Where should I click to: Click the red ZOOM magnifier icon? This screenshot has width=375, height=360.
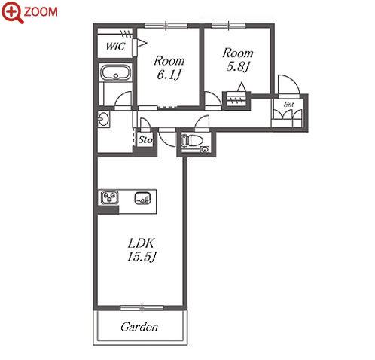[x=13, y=12]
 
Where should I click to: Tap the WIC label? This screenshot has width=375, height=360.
[x=115, y=46]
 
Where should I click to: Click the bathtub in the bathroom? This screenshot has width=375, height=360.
[x=116, y=72]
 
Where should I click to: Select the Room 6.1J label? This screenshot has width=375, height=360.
[x=169, y=68]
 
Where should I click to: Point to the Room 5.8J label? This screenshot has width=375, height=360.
[x=237, y=59]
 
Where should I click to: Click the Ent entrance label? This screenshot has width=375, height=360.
[x=288, y=104]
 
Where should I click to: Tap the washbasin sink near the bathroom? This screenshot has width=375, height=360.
[x=104, y=119]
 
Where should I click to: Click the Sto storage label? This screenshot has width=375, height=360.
[x=145, y=139]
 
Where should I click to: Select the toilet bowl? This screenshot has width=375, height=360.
[x=194, y=140]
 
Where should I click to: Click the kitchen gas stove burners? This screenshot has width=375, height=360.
[x=110, y=197]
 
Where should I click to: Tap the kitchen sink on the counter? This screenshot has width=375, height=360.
[x=142, y=198]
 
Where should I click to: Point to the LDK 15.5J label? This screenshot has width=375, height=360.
[x=142, y=250]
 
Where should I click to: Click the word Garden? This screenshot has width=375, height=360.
[x=139, y=327]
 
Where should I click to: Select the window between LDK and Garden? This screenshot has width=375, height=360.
[x=142, y=308]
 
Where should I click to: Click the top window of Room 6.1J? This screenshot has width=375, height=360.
[x=166, y=26]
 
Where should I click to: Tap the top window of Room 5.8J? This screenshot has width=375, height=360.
[x=228, y=25]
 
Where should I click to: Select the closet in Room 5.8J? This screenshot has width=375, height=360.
[x=236, y=101]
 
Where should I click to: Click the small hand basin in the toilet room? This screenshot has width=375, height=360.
[x=205, y=150]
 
